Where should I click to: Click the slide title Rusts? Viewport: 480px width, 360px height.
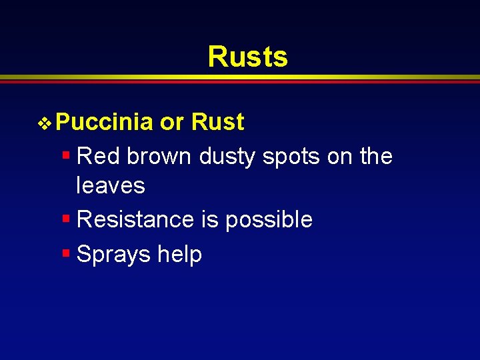[x=247, y=57]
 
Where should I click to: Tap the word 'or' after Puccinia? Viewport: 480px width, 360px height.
[x=172, y=123]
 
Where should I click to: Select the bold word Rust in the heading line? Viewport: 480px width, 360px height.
[x=217, y=123]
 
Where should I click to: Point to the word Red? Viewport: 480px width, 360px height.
[x=99, y=157]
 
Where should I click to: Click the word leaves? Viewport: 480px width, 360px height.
[x=111, y=185]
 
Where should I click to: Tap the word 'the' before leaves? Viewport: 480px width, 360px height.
[x=376, y=157]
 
